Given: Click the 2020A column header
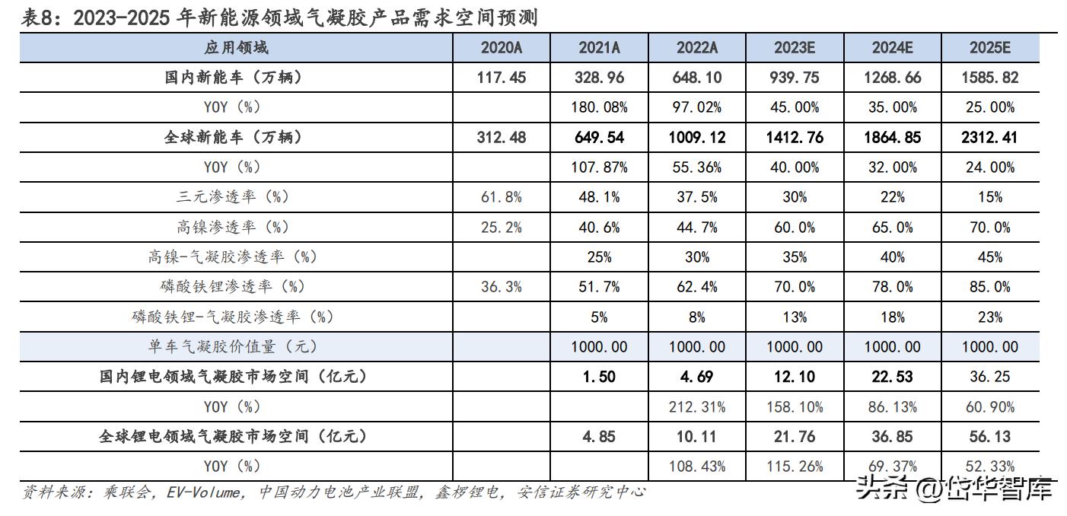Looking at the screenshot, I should click(502, 48).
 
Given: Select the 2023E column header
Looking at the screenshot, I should click(795, 48).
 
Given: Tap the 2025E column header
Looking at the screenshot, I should click(989, 48).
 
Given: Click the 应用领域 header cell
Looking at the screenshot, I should click(236, 48).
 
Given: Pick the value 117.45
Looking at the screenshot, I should click(502, 78).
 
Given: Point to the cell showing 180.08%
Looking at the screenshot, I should click(599, 107).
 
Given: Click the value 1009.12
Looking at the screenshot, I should click(696, 138).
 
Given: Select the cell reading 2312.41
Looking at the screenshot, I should click(989, 138).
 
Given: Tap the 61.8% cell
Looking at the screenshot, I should click(502, 197).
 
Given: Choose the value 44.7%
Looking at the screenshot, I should click(696, 227).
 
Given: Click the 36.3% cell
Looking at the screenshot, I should click(502, 287).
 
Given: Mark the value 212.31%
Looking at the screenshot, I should click(696, 407).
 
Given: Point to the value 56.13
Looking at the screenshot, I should click(989, 437).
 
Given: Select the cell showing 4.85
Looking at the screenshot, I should click(599, 437).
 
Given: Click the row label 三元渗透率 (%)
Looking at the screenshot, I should click(236, 197).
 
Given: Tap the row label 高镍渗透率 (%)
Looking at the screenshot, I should click(236, 227).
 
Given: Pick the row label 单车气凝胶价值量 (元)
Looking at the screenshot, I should click(236, 347).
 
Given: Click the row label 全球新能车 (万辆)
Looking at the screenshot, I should click(236, 138).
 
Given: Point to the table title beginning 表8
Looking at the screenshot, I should click(279, 18).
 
